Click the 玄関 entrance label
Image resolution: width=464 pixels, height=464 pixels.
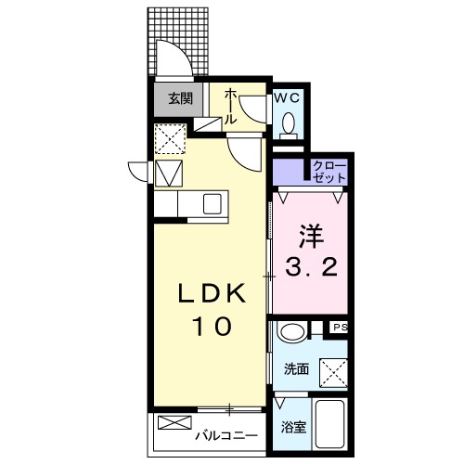[179, 97]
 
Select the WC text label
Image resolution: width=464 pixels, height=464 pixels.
[285, 97]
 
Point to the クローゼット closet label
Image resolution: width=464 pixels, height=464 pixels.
[329, 171]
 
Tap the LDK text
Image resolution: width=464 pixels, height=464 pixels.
[213, 294]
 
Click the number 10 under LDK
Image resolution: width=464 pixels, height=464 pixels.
[213, 327]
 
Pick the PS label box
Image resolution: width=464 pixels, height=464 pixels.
[340, 328]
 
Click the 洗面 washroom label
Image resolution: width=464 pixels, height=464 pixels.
[297, 368]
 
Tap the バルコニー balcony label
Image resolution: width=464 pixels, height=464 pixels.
[225, 432]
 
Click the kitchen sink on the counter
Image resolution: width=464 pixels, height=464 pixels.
[211, 202]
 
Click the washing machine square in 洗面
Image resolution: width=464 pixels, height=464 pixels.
[334, 371]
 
